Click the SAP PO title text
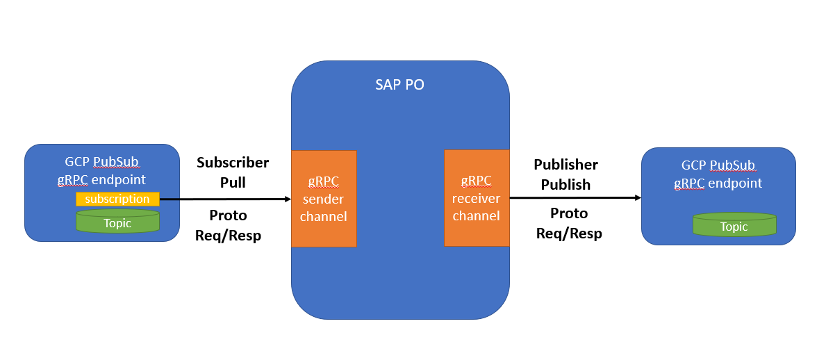(x=399, y=85)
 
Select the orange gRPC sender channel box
(x=324, y=198)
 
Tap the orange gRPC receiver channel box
(x=477, y=198)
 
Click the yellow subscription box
(x=118, y=199)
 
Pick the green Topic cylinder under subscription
(x=117, y=222)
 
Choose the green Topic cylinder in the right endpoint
(x=734, y=225)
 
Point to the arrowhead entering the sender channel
(x=287, y=199)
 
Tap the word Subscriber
(x=233, y=163)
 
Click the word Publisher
(x=565, y=165)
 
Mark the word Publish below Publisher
(x=565, y=185)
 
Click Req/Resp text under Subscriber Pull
(x=229, y=236)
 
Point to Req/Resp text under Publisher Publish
(x=569, y=234)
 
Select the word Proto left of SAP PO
(x=228, y=215)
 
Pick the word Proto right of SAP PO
(x=569, y=213)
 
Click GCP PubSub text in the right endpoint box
(x=718, y=165)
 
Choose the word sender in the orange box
(x=324, y=199)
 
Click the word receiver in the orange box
(x=477, y=198)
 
